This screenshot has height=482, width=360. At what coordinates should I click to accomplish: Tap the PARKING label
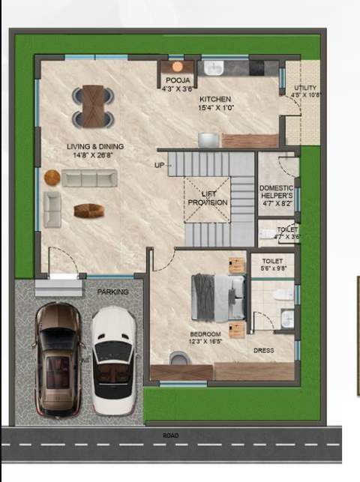pyautogui.click(x=112, y=292)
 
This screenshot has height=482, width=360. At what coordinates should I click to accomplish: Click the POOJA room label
pyautogui.click(x=177, y=80)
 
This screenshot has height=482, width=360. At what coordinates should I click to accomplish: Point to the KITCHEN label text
pyautogui.click(x=215, y=100)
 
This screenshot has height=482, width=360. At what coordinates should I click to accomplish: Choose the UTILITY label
pyautogui.click(x=306, y=88)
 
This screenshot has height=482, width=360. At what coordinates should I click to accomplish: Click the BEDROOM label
pyautogui.click(x=205, y=334)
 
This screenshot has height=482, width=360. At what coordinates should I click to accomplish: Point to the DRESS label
pyautogui.click(x=263, y=350)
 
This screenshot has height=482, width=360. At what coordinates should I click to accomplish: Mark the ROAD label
pyautogui.click(x=170, y=435)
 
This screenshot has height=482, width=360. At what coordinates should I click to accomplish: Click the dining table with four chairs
pyautogui.click(x=93, y=106)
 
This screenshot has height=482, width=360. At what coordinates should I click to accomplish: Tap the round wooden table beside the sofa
pyautogui.click(x=52, y=178)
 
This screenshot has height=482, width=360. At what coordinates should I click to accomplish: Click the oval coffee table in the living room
pyautogui.click(x=86, y=211)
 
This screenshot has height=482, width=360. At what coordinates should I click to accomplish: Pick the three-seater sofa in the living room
pyautogui.click(x=88, y=178)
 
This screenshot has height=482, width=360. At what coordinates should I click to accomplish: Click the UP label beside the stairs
pyautogui.click(x=159, y=165)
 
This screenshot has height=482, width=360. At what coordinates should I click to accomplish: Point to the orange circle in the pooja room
pyautogui.click(x=177, y=67)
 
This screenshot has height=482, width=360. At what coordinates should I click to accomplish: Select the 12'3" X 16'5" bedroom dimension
pyautogui.click(x=205, y=341)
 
